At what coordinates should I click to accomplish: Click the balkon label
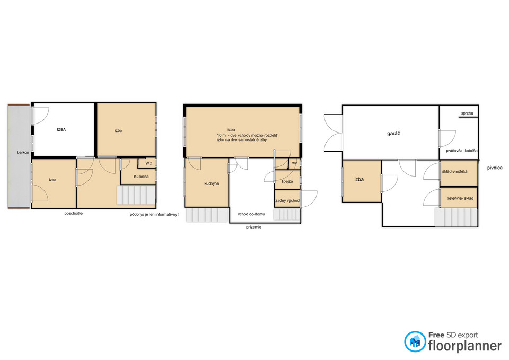pyautogui.click(x=23, y=152)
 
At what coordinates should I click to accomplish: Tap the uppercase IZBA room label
pyautogui.click(x=62, y=129)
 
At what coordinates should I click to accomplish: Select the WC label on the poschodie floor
pyautogui.click(x=148, y=163)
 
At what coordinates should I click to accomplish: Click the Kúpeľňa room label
pyautogui.click(x=141, y=177)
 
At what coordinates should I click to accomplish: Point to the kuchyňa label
pyautogui.click(x=212, y=183)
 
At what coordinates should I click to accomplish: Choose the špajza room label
pyautogui.click(x=287, y=181)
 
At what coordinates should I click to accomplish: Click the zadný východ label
pyautogui.click(x=287, y=200)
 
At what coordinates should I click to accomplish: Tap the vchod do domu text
pyautogui.click(x=251, y=214)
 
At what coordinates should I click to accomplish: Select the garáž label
pyautogui.click(x=393, y=134)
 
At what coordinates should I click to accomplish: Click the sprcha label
pyautogui.click(x=467, y=113)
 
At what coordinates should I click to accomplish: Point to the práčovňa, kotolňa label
pyautogui.click(x=462, y=151)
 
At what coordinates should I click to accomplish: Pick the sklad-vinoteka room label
pyautogui.click(x=454, y=171)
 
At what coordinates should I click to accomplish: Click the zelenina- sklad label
pyautogui.click(x=460, y=198)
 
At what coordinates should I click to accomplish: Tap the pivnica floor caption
pyautogui.click(x=495, y=168)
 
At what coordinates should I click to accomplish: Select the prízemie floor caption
pyautogui.click(x=253, y=227)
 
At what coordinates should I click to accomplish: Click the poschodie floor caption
pyautogui.click(x=73, y=214)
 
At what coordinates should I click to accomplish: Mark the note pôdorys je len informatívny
pyautogui.click(x=154, y=215)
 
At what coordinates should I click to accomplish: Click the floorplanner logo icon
pyautogui.click(x=415, y=341)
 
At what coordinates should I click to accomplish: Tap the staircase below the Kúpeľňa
pyautogui.click(x=136, y=195)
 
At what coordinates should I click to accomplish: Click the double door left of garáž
pyautogui.click(x=334, y=133)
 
